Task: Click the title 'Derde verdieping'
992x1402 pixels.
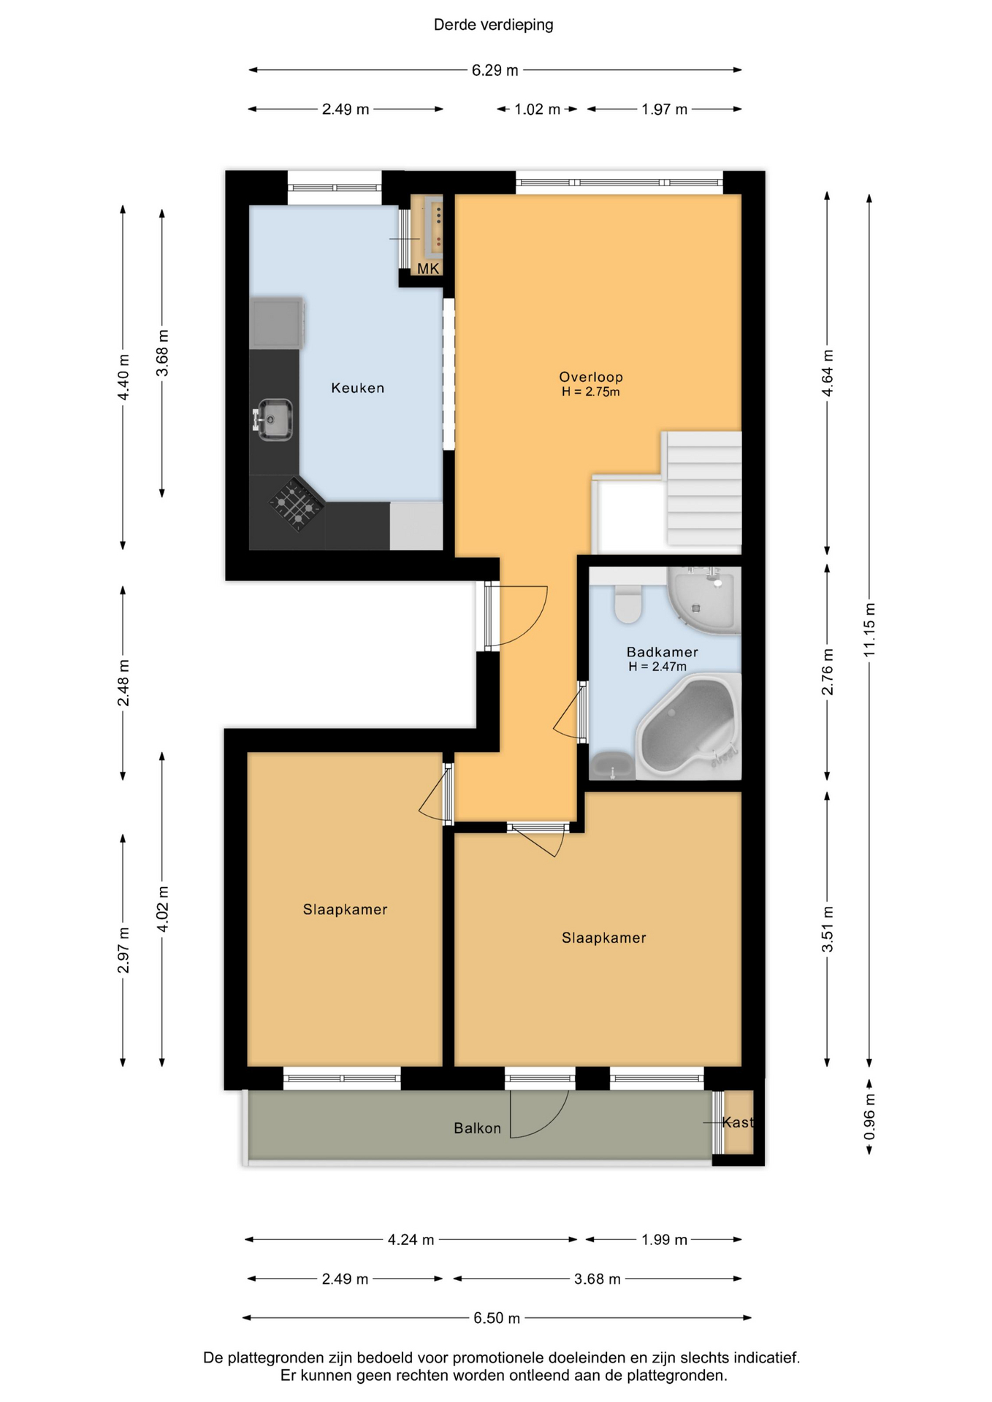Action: click(x=493, y=25)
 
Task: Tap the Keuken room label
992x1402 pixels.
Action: click(x=357, y=388)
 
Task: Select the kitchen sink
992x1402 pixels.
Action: click(x=273, y=419)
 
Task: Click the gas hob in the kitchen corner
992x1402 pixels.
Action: click(x=297, y=503)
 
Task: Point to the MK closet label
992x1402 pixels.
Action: click(x=428, y=269)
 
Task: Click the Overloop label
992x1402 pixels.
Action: click(x=591, y=377)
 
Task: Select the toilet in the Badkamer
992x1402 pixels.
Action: click(x=627, y=603)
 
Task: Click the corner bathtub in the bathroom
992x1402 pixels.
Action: click(x=687, y=726)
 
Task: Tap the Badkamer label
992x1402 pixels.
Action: click(x=662, y=652)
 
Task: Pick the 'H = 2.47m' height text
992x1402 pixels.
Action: click(x=657, y=667)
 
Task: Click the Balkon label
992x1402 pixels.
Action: click(x=477, y=1128)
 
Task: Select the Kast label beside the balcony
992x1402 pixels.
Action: click(x=737, y=1122)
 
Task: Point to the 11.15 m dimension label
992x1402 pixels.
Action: click(x=869, y=629)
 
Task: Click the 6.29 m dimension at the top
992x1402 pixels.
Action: click(x=495, y=70)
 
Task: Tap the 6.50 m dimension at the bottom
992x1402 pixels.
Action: click(x=497, y=1318)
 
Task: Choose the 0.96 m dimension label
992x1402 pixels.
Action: click(x=869, y=1116)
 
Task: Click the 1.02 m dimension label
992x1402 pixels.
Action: click(x=537, y=110)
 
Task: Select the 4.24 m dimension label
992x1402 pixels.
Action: click(x=411, y=1239)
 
